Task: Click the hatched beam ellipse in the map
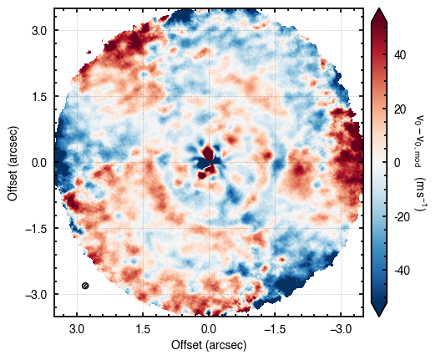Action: click(x=85, y=286)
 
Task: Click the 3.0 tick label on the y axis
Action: click(x=39, y=30)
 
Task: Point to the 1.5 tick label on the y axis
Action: click(x=39, y=96)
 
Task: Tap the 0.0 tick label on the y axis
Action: click(x=39, y=162)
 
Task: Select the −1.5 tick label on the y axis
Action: click(x=36, y=228)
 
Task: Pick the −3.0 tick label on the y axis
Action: click(x=36, y=294)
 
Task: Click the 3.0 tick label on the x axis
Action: click(x=77, y=329)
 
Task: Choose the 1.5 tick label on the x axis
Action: click(x=143, y=329)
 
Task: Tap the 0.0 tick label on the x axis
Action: click(x=209, y=329)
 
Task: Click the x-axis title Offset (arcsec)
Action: click(x=209, y=345)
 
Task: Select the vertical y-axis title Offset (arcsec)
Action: click(x=13, y=163)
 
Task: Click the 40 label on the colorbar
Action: click(x=400, y=55)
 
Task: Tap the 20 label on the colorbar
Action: click(x=400, y=109)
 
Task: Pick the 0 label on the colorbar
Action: click(x=398, y=163)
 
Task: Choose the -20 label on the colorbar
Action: click(x=402, y=216)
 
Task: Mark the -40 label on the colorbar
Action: click(x=402, y=271)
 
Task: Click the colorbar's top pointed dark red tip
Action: click(x=379, y=8)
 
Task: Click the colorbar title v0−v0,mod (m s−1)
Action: click(x=418, y=163)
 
